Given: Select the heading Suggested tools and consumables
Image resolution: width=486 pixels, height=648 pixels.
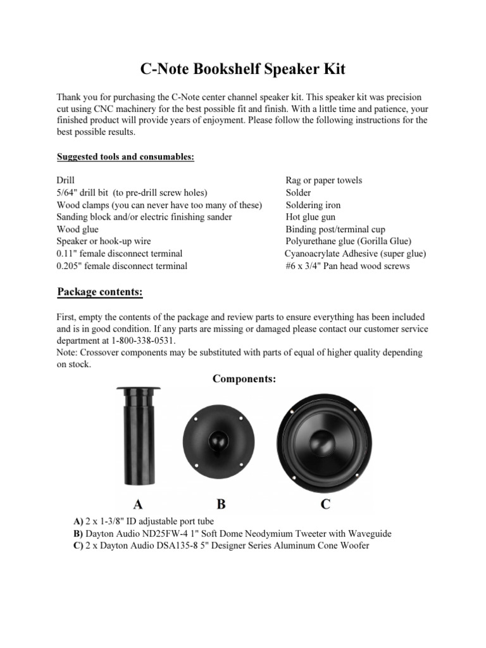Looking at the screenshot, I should [x=125, y=156].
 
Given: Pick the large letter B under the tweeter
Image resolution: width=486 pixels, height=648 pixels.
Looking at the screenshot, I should [x=221, y=504].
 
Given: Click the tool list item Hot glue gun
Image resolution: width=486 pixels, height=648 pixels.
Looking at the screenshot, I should [x=313, y=217].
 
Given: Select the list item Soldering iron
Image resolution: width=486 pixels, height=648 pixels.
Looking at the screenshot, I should [x=313, y=205].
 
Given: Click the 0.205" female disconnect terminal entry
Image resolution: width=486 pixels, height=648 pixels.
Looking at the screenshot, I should [x=122, y=266].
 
